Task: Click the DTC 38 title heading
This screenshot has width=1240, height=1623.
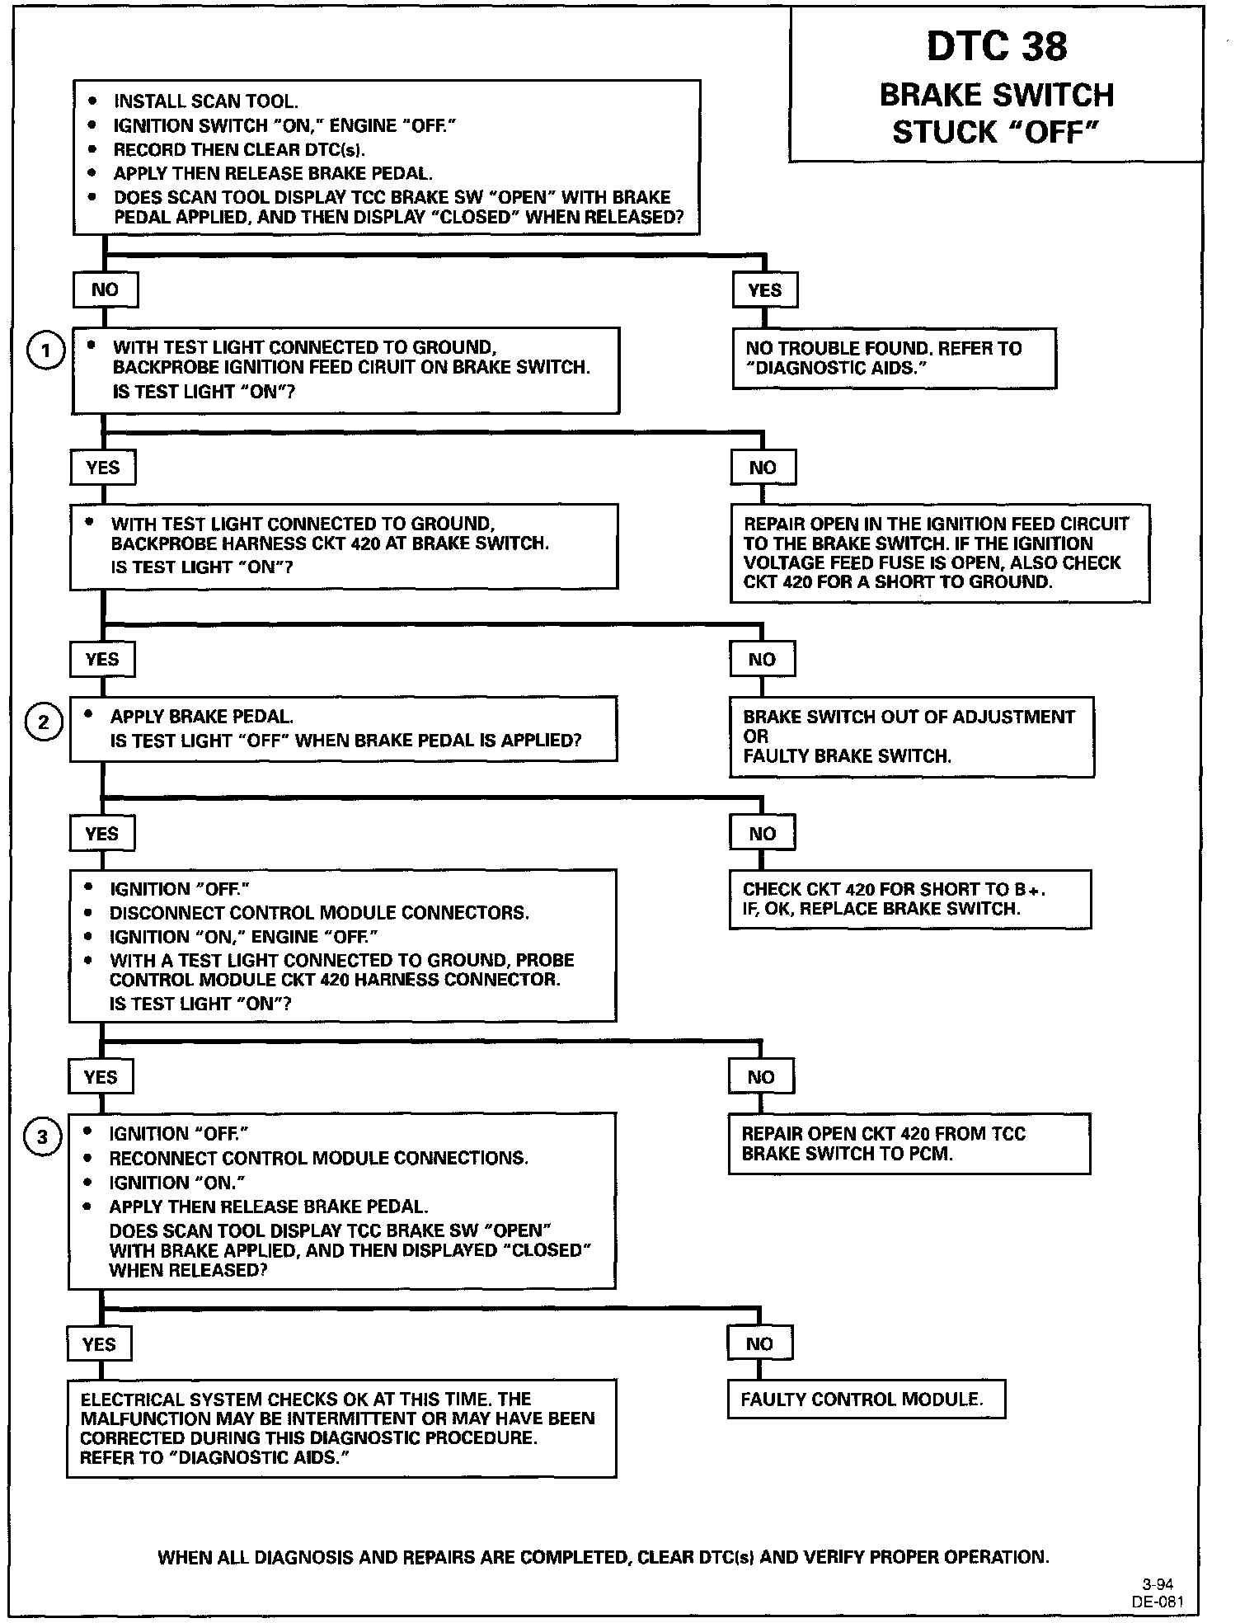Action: tap(996, 46)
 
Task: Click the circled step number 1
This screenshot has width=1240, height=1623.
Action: tap(46, 351)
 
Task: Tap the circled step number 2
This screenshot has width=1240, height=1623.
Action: tap(44, 723)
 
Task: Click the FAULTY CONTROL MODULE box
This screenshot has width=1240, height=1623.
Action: tap(866, 1399)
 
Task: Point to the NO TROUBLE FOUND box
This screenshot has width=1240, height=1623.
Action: tap(894, 358)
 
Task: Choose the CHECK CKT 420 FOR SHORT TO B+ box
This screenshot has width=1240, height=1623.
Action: tap(909, 899)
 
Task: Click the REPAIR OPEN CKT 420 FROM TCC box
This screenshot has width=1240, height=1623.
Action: tap(909, 1143)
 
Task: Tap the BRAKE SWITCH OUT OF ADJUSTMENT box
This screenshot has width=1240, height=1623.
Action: tap(911, 736)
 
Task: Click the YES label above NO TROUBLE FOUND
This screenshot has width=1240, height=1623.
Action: tap(764, 290)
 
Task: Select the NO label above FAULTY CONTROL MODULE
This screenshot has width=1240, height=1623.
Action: tap(759, 1343)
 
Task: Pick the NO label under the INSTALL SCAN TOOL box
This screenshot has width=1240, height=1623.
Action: tap(105, 290)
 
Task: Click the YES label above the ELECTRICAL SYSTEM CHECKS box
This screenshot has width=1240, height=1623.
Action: tap(99, 1344)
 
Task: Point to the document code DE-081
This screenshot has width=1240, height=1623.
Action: tap(1158, 1602)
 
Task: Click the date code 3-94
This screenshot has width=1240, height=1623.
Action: tap(1158, 1584)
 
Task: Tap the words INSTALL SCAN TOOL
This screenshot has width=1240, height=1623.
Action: tap(205, 101)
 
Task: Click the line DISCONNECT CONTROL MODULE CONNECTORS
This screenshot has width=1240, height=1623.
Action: tap(319, 913)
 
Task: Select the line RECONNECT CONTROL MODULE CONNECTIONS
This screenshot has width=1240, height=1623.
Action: tap(318, 1158)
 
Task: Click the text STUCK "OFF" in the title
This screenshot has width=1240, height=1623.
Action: tap(996, 132)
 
